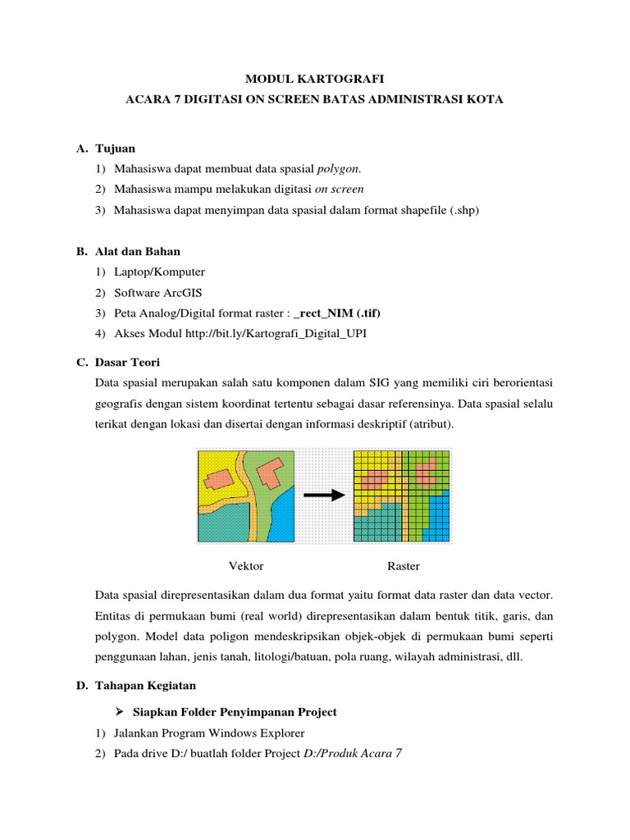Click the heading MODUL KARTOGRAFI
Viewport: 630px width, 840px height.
(x=315, y=79)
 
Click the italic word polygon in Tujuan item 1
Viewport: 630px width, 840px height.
(x=338, y=169)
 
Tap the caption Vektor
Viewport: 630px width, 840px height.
(x=245, y=566)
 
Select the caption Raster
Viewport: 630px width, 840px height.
(x=403, y=566)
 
